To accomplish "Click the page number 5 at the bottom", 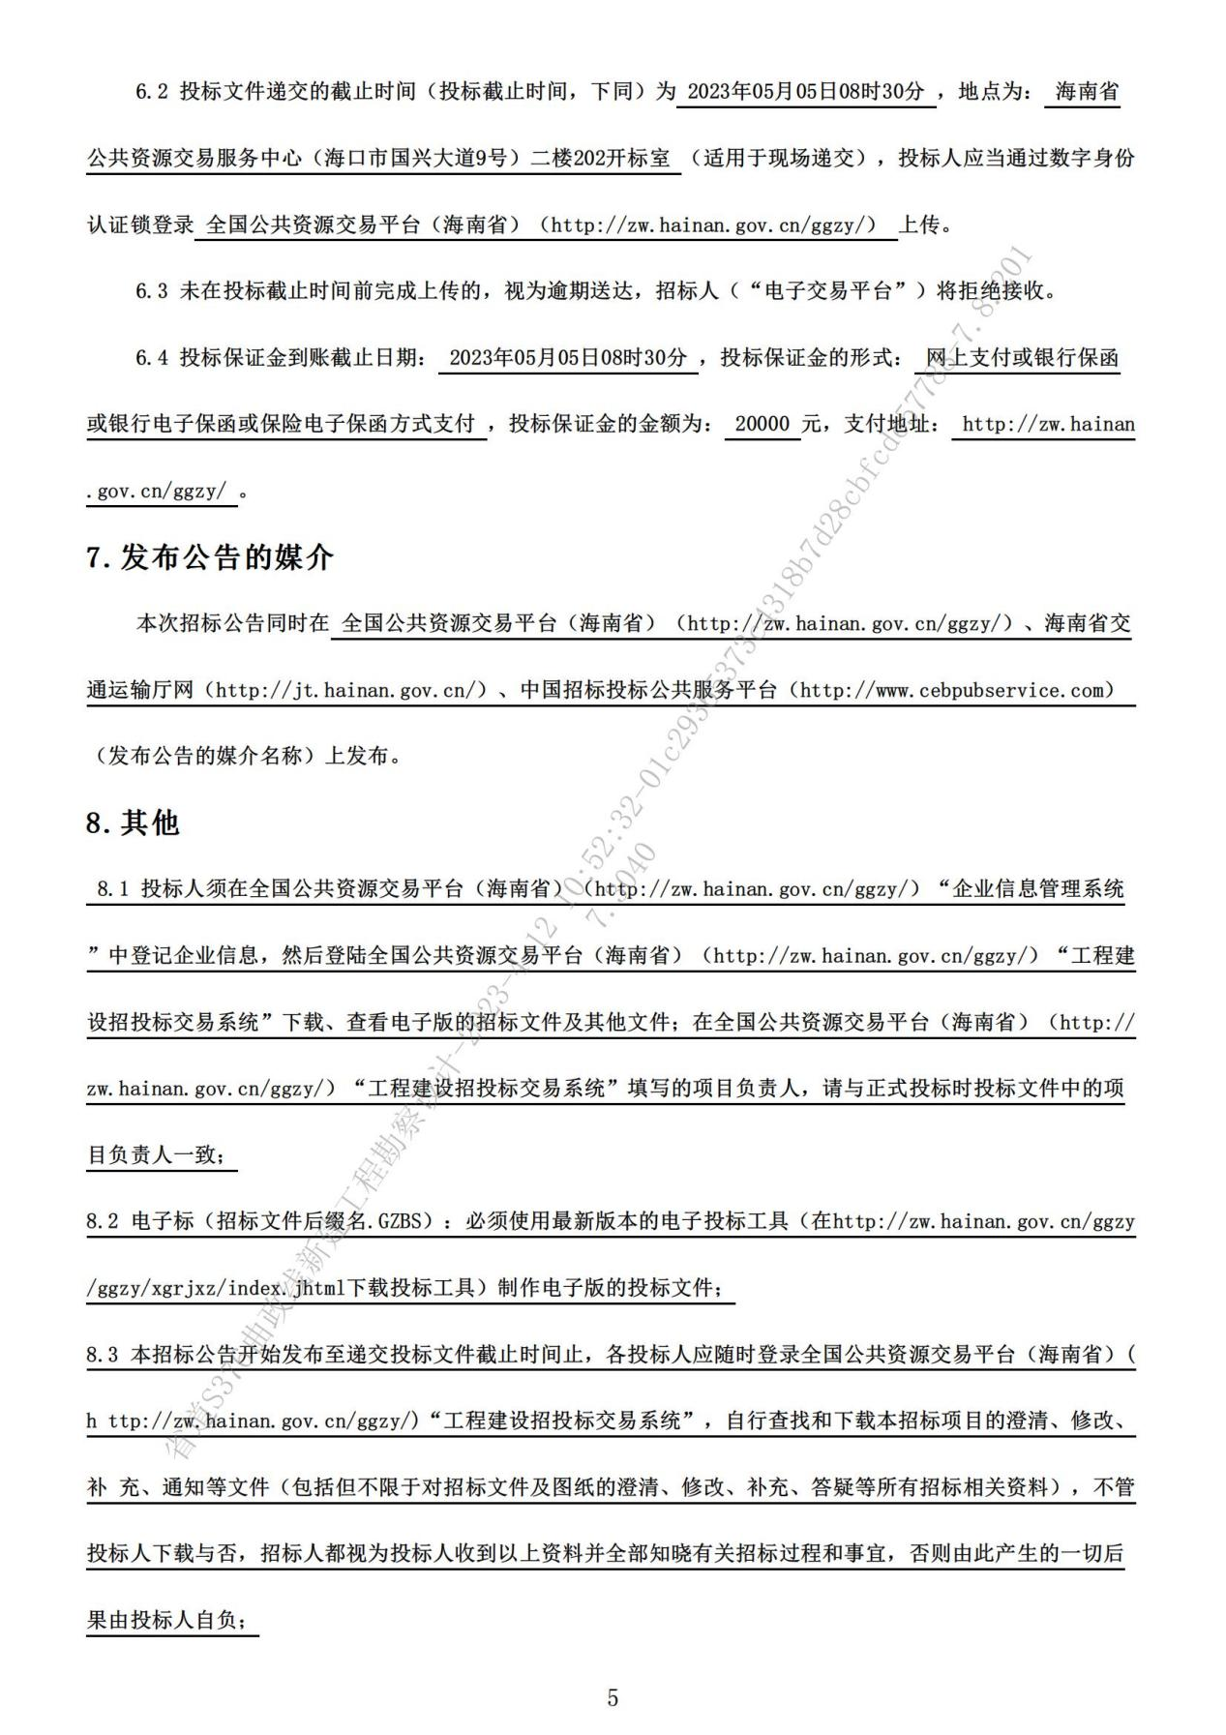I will coord(612,1697).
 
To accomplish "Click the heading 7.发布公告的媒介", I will coord(210,557).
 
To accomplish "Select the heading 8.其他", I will coord(134,823).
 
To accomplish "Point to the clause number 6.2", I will coord(152,92).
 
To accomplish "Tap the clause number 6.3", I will coord(152,290).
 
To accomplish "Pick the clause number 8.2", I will coord(102,1221).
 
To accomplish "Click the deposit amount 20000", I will coord(763,424).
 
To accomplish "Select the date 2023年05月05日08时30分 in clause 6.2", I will coord(805,92).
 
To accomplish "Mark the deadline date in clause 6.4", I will coord(568,358).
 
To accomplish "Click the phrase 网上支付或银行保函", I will coord(1022,358).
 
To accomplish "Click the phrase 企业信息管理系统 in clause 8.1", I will coord(1038,888).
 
